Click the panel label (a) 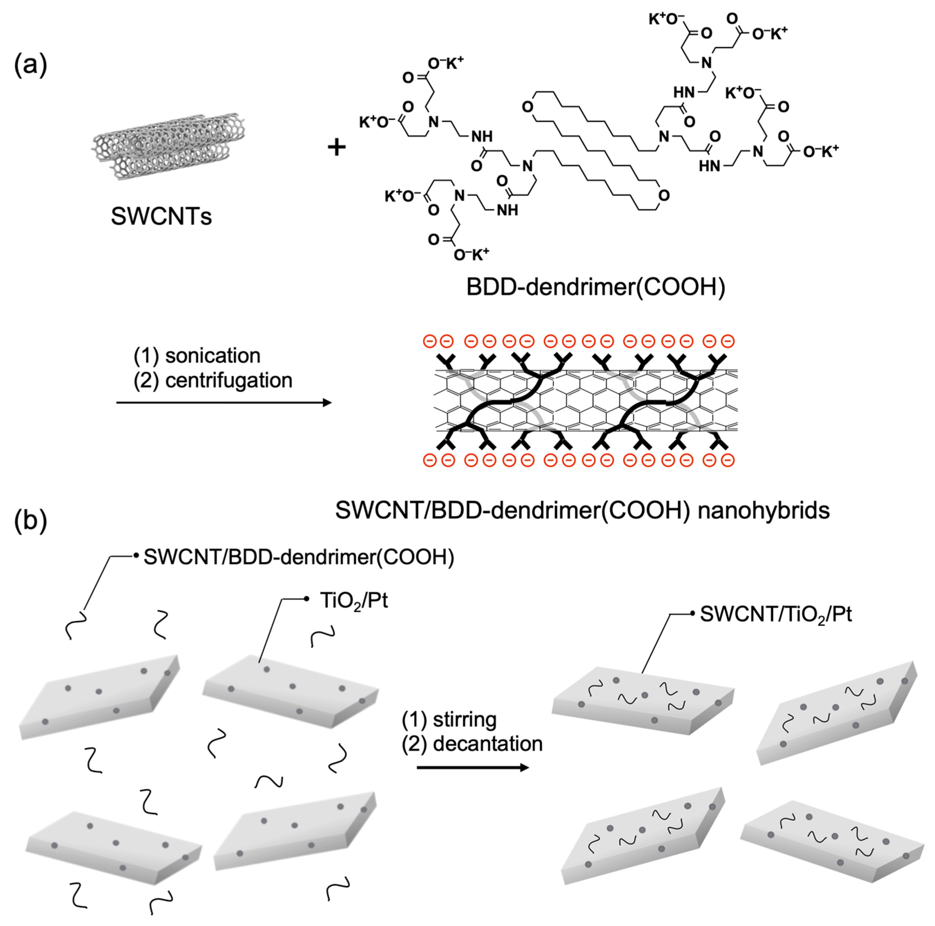30,65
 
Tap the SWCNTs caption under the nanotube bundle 161,216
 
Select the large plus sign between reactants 337,147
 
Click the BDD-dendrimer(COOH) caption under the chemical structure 595,287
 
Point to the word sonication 213,356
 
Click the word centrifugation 228,380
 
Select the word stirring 464,719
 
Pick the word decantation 487,743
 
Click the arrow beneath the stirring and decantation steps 473,767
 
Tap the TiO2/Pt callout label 354,601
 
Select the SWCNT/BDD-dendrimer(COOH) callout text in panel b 299,557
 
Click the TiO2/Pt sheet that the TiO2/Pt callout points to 290,692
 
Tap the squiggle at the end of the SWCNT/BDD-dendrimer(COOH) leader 77,624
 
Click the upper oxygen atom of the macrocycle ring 527,107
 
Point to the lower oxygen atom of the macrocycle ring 664,196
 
